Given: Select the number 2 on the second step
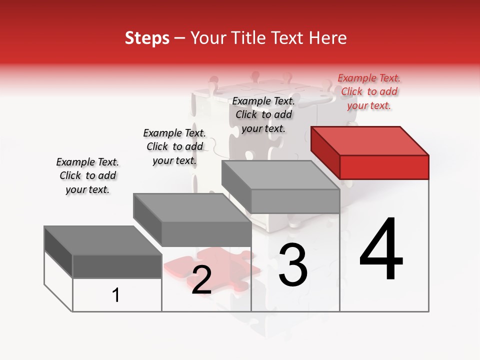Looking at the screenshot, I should click(x=201, y=280).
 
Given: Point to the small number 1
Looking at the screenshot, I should click(x=116, y=295).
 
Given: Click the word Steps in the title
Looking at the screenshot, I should click(x=147, y=38).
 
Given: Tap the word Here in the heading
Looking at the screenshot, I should click(x=328, y=38).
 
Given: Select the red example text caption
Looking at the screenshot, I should click(x=369, y=91).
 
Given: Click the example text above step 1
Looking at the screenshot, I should click(x=87, y=175).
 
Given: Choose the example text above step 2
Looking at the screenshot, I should click(x=174, y=146).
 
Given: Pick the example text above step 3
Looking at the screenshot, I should click(x=263, y=114).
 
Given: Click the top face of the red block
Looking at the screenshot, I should click(x=370, y=140).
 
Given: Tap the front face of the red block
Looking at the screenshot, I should click(x=384, y=167).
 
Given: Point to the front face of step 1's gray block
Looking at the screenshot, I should click(x=117, y=266).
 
